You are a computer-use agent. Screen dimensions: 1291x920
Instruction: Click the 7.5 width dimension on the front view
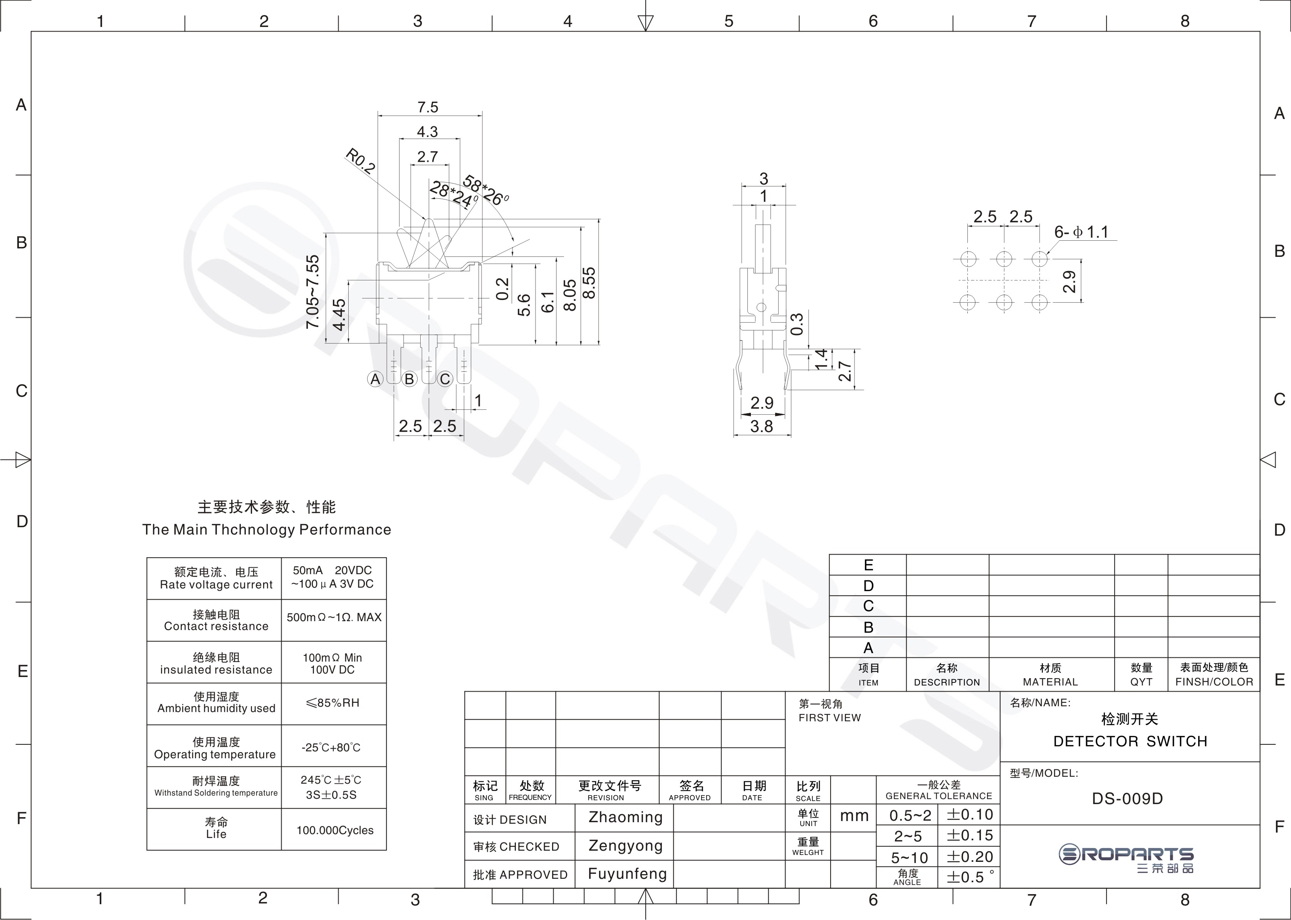[x=428, y=107]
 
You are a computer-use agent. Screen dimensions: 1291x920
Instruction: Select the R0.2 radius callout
[x=361, y=161]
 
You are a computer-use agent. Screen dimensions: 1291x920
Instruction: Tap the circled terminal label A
[x=375, y=379]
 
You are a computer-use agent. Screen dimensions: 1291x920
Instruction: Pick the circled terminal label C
[x=445, y=379]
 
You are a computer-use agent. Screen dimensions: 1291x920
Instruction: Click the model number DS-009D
[x=1128, y=799]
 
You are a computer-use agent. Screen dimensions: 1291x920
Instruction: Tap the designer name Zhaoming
[x=626, y=818]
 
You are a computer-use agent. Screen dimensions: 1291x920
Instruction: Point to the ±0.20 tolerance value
[x=970, y=856]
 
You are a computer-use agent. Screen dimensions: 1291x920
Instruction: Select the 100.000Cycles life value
[x=335, y=831]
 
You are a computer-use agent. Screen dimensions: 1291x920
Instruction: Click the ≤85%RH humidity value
[x=332, y=703]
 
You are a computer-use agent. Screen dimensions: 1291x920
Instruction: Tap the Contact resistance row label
[x=217, y=626]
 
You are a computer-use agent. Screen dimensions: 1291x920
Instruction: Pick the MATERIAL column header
[x=1051, y=682]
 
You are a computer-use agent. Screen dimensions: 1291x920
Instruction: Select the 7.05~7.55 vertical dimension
[x=312, y=292]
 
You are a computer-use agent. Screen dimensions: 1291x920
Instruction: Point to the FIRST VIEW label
[x=830, y=718]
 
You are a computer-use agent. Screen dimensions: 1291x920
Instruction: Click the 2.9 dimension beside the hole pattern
[x=1069, y=282]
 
